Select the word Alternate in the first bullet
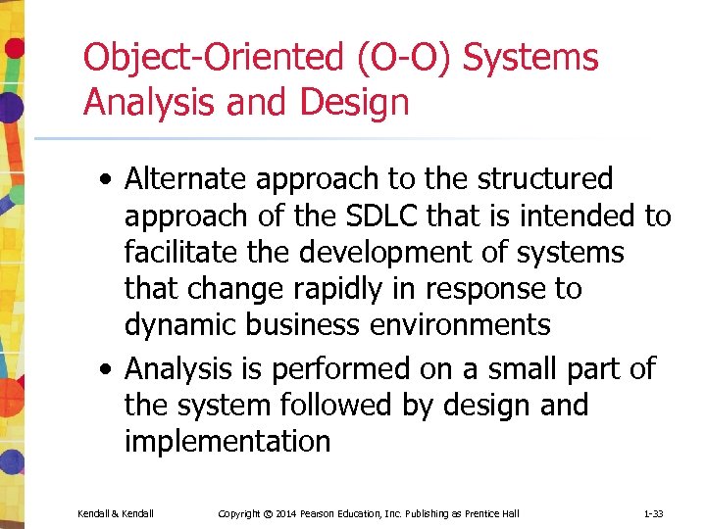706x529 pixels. [185, 179]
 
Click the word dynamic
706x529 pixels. [186, 325]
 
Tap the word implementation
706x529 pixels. [227, 442]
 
